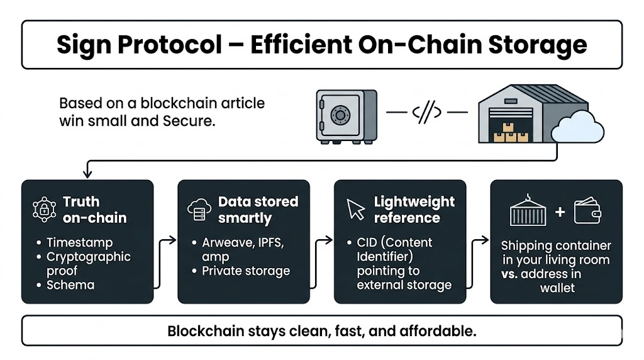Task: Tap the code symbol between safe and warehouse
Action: point(426,113)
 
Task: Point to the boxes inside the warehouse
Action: point(510,133)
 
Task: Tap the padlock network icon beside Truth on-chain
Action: point(44,210)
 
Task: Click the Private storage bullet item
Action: point(246,271)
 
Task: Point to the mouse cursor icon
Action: point(356,210)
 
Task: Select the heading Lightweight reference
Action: point(414,210)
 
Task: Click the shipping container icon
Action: point(529,211)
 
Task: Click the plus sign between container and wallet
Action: point(560,212)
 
